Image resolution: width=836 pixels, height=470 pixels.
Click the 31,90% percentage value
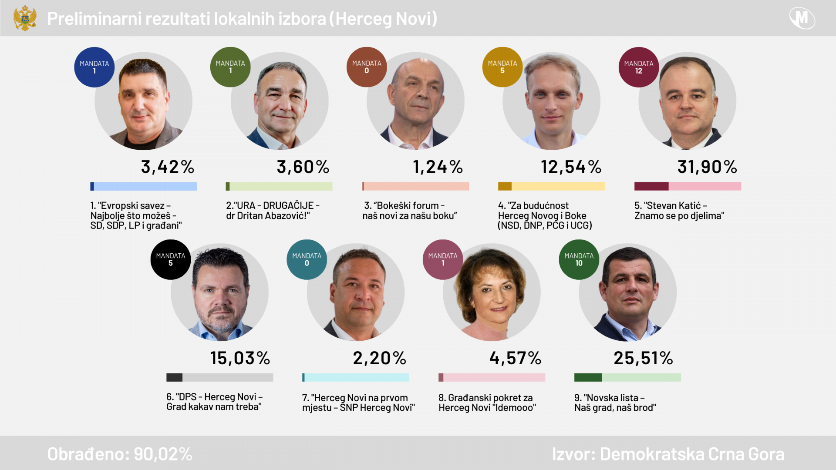707,167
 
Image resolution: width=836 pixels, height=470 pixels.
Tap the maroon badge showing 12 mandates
638,67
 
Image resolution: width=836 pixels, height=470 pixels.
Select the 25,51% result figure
643,358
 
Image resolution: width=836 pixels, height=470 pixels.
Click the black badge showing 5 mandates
170,259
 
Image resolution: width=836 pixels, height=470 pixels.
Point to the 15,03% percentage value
240,358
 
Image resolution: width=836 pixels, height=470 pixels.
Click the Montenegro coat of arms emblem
25,18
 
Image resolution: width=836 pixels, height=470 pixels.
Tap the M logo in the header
802,18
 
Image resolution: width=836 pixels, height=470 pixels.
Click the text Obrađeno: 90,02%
120,454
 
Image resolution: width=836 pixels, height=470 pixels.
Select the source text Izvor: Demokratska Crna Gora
668,454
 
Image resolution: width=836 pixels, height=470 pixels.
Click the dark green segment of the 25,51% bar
588,377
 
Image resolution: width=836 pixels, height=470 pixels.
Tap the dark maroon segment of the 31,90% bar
651,186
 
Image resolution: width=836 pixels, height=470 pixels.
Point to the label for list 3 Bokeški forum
409,211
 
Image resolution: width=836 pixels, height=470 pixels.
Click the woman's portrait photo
492,292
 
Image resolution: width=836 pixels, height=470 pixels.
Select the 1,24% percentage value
438,167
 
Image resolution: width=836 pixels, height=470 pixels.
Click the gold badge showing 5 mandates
502,67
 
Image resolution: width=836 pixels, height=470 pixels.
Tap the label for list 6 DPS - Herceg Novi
214,402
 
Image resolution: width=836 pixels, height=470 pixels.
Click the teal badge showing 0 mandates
307,259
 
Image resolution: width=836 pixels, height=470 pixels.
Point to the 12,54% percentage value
571,167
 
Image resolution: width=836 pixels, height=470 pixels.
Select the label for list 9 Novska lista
615,403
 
